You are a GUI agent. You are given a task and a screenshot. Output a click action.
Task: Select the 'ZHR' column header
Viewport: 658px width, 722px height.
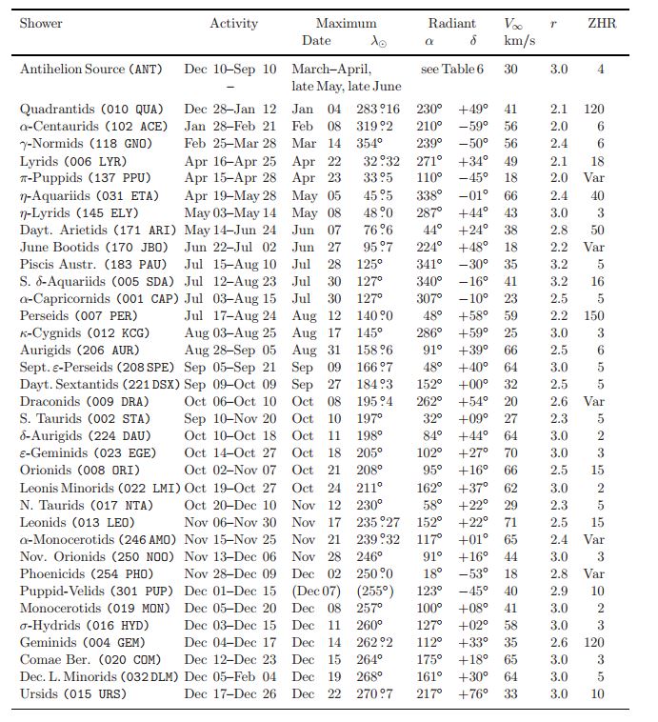pos(601,23)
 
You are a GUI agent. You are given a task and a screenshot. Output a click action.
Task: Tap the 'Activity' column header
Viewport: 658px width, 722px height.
pos(233,23)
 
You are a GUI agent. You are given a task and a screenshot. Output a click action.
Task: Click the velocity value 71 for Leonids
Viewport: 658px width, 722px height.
pos(510,522)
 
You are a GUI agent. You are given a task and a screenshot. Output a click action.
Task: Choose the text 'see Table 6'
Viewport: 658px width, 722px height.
pos(452,70)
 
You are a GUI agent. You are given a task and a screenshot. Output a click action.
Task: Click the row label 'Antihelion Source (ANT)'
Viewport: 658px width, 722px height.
pos(90,70)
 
